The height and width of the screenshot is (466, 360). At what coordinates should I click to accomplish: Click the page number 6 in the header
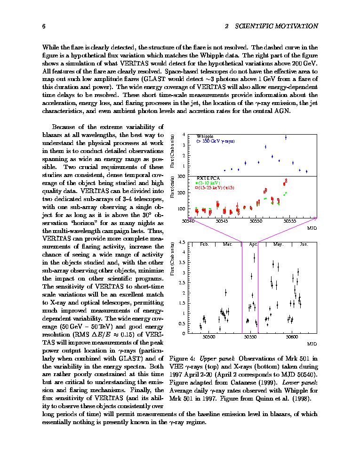coord(44,26)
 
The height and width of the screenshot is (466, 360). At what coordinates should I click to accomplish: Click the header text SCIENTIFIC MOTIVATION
coord(276,26)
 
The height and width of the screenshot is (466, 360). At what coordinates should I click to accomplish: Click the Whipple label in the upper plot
coord(205,137)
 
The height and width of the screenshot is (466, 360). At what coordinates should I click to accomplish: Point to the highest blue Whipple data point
coord(286,137)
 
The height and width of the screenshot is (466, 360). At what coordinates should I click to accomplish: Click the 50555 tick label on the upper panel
coord(290,220)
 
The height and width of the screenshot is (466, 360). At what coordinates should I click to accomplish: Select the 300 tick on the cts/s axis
coord(181,176)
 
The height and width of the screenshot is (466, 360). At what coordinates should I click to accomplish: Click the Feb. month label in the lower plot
coord(204,244)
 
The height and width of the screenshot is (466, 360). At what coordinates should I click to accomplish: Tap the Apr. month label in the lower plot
coord(253,244)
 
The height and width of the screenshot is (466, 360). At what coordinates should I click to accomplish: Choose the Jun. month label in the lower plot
coord(304,244)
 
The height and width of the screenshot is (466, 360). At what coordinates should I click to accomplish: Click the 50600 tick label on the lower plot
coord(291,337)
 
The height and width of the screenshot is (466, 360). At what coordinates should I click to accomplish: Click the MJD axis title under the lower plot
coord(312,344)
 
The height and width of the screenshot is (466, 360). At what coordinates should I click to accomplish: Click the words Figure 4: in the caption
coord(181,359)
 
